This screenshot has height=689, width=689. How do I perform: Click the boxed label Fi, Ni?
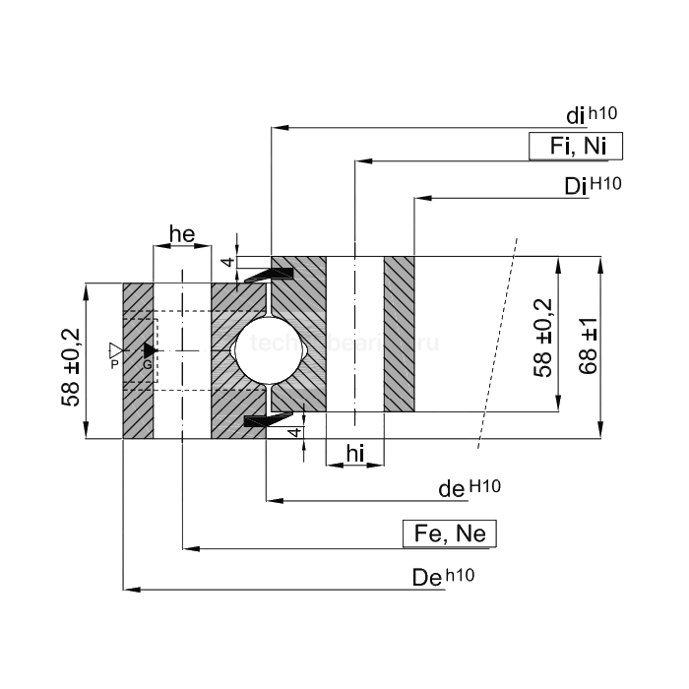tap(576, 147)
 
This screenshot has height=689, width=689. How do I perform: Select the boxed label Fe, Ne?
tap(451, 534)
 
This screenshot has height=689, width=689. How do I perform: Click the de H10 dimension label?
tap(469, 487)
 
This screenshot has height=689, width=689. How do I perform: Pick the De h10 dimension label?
tap(443, 578)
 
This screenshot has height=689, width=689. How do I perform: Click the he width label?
tap(182, 233)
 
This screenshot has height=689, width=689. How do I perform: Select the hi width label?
tap(354, 452)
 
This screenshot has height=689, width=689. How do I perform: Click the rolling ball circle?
tap(268, 348)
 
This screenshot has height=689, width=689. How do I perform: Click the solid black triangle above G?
tap(150, 349)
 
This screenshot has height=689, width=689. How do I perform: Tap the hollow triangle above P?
tap(115, 349)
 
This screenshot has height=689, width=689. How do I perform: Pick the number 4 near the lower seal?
tap(293, 432)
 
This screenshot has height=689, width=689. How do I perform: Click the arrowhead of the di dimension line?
tap(278, 127)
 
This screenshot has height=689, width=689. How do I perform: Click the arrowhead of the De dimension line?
tap(129, 590)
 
